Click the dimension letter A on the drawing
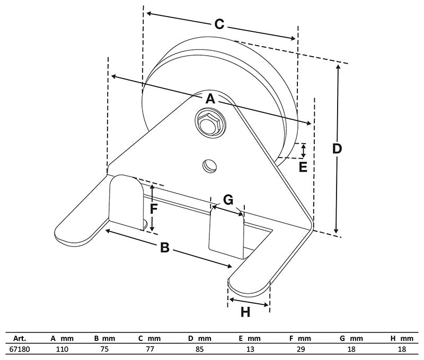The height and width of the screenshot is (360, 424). click(210, 99)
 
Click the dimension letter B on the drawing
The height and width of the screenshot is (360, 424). click(165, 247)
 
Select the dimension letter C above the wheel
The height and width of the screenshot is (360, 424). click(219, 24)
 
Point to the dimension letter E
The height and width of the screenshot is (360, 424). click(303, 167)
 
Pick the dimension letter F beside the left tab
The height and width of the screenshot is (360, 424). click(153, 208)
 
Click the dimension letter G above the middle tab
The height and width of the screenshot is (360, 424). click(228, 200)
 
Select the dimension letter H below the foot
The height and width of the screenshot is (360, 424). click(245, 312)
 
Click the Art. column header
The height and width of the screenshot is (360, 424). click(20, 338)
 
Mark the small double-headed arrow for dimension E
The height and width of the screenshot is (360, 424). click(303, 151)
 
